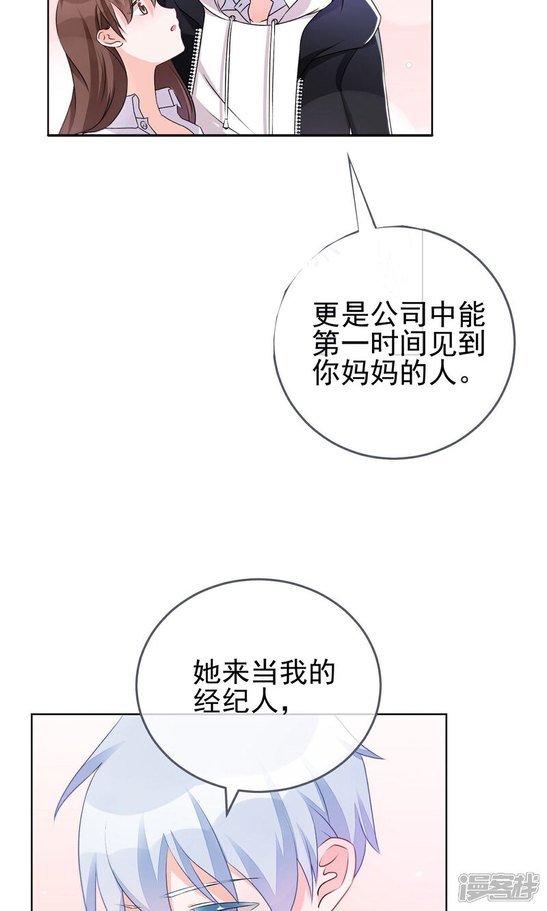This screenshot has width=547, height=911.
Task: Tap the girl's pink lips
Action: point(175,28)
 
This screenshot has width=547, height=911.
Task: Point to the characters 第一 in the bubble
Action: point(330,344)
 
